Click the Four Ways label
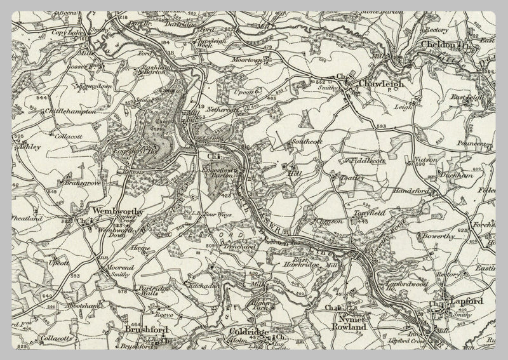[216, 216]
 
